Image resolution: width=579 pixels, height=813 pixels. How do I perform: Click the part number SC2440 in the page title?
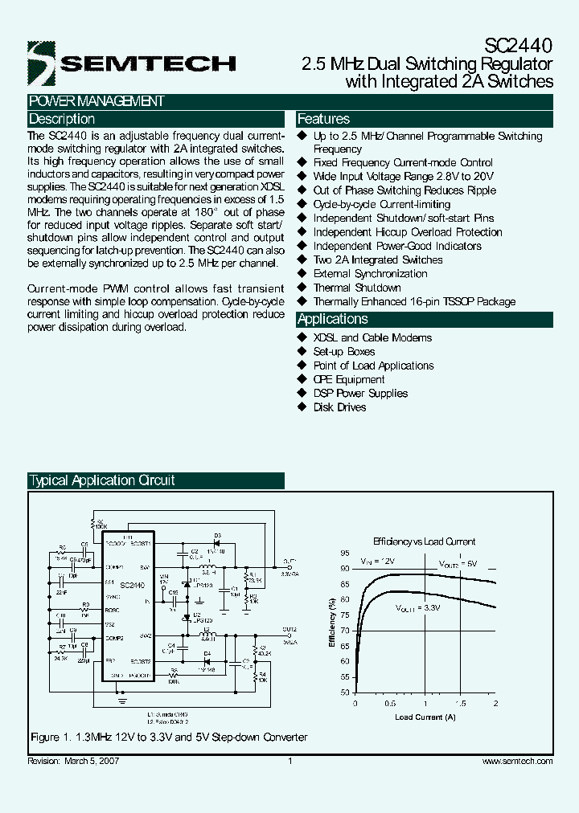coord(520,47)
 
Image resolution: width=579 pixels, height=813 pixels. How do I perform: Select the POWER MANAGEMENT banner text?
coord(96,101)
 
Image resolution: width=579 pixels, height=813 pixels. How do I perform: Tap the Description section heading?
coord(62,119)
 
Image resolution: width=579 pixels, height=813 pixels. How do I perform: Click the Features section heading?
coord(324,119)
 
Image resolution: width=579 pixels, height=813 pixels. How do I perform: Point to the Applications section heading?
coord(333,319)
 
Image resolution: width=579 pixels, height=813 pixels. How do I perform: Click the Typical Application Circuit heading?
coord(102,481)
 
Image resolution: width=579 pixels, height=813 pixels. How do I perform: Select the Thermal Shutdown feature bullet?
coord(357,288)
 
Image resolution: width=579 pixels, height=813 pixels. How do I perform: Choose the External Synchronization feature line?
coord(370,274)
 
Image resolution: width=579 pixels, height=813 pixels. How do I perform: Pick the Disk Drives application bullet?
coord(339,407)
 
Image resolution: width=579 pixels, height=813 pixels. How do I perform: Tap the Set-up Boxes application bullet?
coord(344,352)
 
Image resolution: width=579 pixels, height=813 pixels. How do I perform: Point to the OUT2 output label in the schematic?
coord(289,630)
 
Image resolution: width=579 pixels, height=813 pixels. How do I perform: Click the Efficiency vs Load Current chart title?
coord(425,541)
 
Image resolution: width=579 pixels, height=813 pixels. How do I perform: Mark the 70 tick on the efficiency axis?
coord(344,631)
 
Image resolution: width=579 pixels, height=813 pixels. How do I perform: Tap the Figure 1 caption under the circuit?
coord(169,737)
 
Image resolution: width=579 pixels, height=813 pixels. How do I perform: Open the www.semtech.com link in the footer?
coord(517,761)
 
